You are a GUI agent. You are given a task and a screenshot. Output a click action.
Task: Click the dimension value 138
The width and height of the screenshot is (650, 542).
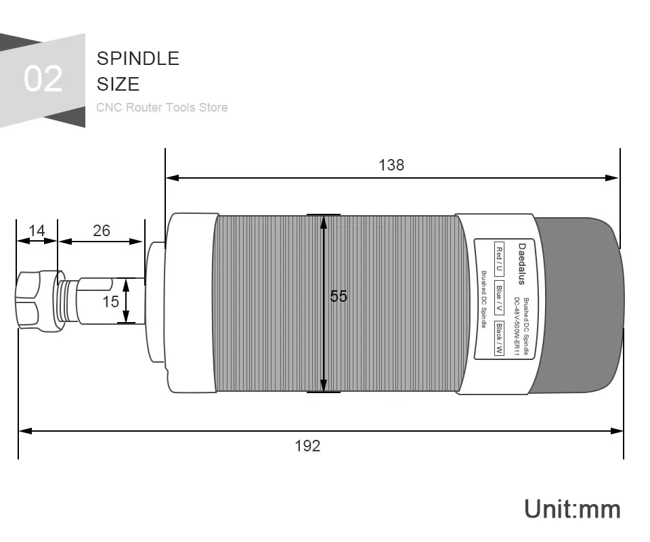tap(391, 165)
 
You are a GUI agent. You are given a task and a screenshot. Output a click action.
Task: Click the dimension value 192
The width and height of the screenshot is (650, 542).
tap(307, 446)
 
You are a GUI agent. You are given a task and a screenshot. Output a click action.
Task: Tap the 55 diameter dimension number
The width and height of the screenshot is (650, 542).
tap(339, 296)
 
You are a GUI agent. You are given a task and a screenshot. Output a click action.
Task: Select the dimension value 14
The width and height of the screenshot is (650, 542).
tap(37, 230)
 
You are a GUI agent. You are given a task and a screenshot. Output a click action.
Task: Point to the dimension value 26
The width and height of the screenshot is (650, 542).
tap(102, 230)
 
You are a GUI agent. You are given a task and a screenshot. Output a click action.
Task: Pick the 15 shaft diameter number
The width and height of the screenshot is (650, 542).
tap(110, 301)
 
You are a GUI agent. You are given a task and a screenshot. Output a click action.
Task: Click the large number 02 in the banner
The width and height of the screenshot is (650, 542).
tap(43, 78)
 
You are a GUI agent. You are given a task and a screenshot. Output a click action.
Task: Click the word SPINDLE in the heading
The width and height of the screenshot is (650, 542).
tap(138, 58)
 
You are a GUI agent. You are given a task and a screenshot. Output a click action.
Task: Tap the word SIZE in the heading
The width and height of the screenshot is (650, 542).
tap(118, 84)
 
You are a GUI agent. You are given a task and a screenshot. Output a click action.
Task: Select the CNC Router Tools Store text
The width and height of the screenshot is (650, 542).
tap(162, 108)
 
